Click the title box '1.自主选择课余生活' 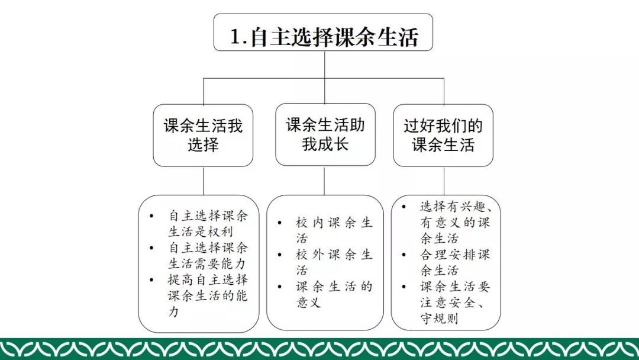click(x=323, y=36)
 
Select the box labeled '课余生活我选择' click(x=203, y=135)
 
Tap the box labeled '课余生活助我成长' click(x=325, y=134)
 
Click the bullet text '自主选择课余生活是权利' click(x=208, y=223)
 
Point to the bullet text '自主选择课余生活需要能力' click(x=208, y=255)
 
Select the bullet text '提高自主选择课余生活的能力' click(x=208, y=295)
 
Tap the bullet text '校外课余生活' click(x=334, y=262)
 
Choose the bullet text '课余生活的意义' click(x=334, y=294)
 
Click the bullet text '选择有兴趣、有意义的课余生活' click(x=454, y=223)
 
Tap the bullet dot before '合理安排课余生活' click(x=404, y=255)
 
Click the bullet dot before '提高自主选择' click(x=152, y=279)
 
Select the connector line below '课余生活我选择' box click(x=203, y=181)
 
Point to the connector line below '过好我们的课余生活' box click(x=444, y=180)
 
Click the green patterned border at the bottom click(x=319, y=349)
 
